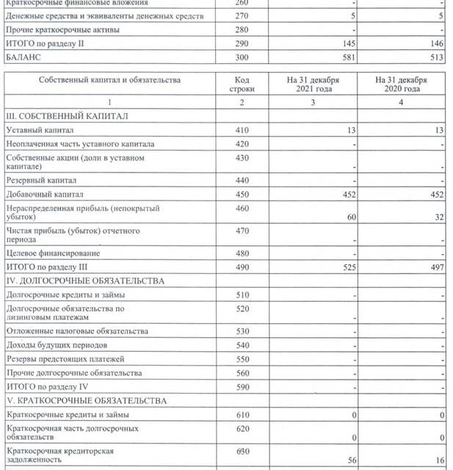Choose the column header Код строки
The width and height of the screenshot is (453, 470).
(242, 84)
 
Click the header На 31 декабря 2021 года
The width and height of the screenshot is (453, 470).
(313, 84)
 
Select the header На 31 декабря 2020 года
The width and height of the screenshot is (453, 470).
(401, 84)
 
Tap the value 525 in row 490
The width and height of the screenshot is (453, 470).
(349, 267)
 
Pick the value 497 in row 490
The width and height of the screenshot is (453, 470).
(437, 267)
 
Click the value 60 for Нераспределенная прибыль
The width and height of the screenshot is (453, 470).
(351, 217)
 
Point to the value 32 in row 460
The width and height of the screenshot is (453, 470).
(439, 217)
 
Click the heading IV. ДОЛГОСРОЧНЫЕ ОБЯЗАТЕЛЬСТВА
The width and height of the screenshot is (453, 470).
(85, 281)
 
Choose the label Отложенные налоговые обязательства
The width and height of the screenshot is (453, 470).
(77, 331)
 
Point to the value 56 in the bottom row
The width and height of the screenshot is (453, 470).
(351, 460)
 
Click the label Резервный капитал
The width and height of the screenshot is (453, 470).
(41, 180)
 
